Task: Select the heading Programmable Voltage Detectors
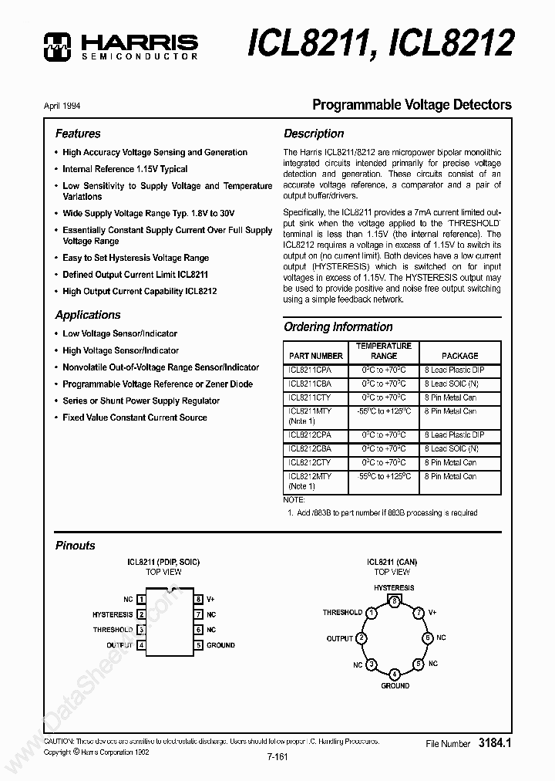tap(411, 105)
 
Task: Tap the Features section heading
tap(78, 134)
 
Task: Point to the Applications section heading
tap(88, 315)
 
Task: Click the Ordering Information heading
tap(338, 327)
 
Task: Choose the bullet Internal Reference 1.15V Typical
tap(125, 169)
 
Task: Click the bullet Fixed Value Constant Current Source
tap(135, 418)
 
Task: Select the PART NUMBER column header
tap(315, 356)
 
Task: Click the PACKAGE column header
tap(459, 356)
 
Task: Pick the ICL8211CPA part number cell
tap(310, 370)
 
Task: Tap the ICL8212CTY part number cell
tap(310, 462)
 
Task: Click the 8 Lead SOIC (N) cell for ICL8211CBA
tap(460, 384)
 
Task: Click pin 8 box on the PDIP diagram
tap(198, 599)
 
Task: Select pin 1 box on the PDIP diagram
tap(141, 599)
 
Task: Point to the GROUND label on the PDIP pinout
tap(220, 645)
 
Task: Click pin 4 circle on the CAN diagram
tap(395, 674)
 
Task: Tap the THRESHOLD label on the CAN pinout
tap(342, 612)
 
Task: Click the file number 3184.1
tap(495, 743)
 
